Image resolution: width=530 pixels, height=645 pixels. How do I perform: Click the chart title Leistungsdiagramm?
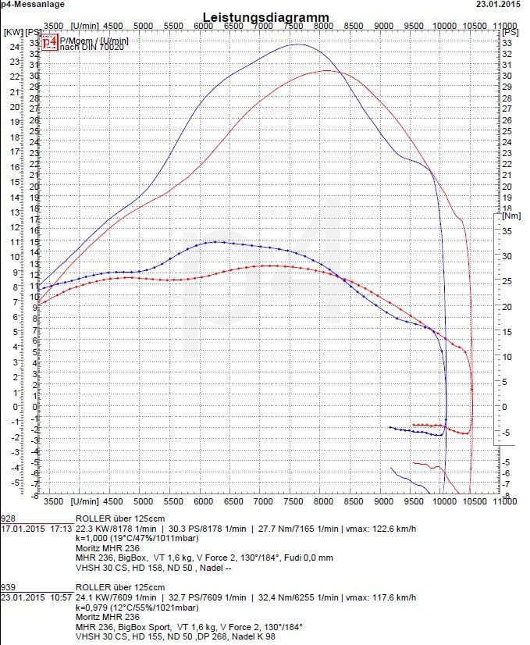tap(265, 16)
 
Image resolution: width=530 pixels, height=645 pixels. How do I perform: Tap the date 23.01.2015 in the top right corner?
tap(499, 4)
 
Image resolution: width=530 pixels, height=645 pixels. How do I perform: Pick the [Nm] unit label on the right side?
tap(512, 215)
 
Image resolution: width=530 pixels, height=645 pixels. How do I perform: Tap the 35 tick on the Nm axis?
tap(507, 231)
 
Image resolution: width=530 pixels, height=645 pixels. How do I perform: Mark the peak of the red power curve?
tap(325, 70)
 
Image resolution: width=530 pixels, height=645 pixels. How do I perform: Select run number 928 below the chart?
tap(9, 518)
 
